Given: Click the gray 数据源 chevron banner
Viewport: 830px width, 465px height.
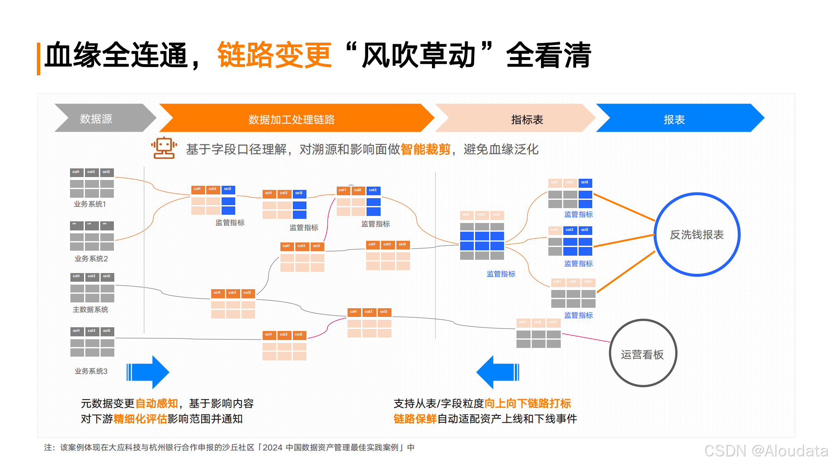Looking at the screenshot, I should tap(99, 119).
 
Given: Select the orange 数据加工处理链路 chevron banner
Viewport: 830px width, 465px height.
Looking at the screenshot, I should tap(292, 119).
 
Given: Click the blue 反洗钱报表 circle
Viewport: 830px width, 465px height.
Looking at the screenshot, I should tap(697, 235).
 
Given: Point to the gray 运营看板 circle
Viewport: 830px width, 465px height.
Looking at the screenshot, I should tap(642, 354).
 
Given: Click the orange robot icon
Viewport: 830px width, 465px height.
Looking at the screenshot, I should tap(164, 148).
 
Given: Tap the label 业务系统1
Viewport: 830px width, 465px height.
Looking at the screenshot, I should tap(90, 204).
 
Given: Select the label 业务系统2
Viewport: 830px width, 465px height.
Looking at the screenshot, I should tap(91, 259).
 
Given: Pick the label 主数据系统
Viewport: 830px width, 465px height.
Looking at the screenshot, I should tap(90, 309).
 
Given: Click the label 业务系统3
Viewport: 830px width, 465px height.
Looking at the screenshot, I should tap(91, 371).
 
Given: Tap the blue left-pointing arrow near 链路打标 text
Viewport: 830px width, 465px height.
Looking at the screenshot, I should tap(497, 372).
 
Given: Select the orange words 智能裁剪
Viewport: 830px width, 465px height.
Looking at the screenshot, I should tap(425, 149).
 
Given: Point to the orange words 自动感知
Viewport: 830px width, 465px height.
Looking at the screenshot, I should tap(157, 403).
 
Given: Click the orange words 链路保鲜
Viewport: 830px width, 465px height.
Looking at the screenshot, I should tap(415, 419).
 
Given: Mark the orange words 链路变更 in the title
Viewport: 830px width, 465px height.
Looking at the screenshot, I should tap(274, 55).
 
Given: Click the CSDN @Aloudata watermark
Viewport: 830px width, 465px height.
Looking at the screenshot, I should tap(766, 451).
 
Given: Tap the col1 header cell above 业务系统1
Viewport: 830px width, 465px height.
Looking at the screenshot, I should tap(76, 172).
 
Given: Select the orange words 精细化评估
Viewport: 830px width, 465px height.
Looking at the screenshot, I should tap(140, 419).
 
